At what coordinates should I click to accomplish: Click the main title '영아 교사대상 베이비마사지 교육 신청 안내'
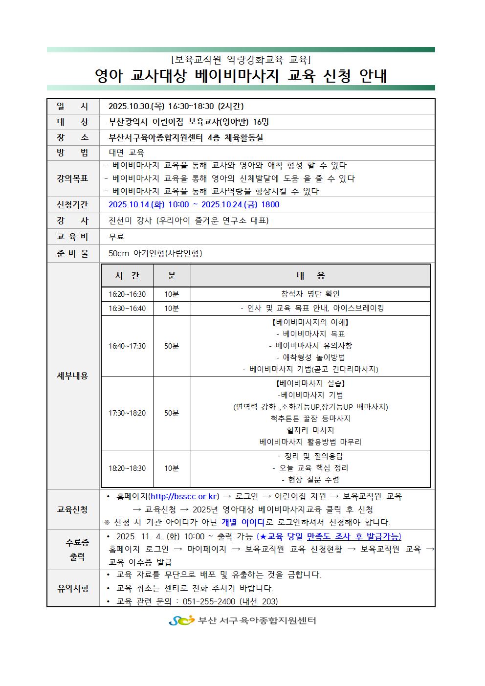tap(241, 76)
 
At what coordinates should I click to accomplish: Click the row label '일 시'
tap(73, 107)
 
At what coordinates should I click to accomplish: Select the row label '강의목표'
tap(73, 178)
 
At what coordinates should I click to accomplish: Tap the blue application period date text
tap(194, 205)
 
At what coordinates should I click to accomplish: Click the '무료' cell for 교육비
tap(116, 237)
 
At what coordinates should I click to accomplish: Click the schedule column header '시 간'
tap(127, 276)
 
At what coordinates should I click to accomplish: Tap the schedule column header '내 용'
tap(310, 276)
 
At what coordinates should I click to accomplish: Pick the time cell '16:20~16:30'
tap(127, 294)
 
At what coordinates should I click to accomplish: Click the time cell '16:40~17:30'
tap(127, 346)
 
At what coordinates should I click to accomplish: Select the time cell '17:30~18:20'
tap(127, 413)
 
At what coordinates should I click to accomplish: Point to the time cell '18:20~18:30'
tap(127, 468)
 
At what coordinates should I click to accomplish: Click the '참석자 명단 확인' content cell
tap(310, 294)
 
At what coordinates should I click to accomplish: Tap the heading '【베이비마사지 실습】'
tap(310, 383)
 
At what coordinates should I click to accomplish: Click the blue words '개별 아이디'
tap(243, 522)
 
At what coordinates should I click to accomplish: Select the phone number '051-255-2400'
tap(209, 601)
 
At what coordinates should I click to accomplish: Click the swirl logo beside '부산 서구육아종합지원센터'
tap(181, 621)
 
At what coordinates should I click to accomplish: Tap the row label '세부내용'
tap(73, 376)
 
